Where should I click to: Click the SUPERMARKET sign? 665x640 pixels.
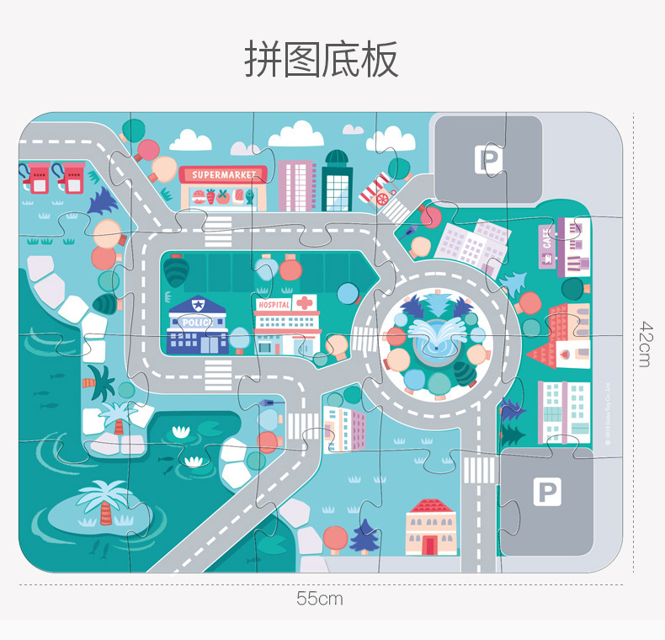point(223,175)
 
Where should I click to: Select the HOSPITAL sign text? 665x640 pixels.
point(274,304)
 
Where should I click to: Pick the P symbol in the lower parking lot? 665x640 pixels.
point(547,492)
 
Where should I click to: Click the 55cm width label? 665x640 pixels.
point(320,599)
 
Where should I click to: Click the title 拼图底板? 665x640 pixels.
point(321,59)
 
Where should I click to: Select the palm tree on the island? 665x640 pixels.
point(103,500)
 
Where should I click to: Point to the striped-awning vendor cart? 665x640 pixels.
point(379,189)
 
